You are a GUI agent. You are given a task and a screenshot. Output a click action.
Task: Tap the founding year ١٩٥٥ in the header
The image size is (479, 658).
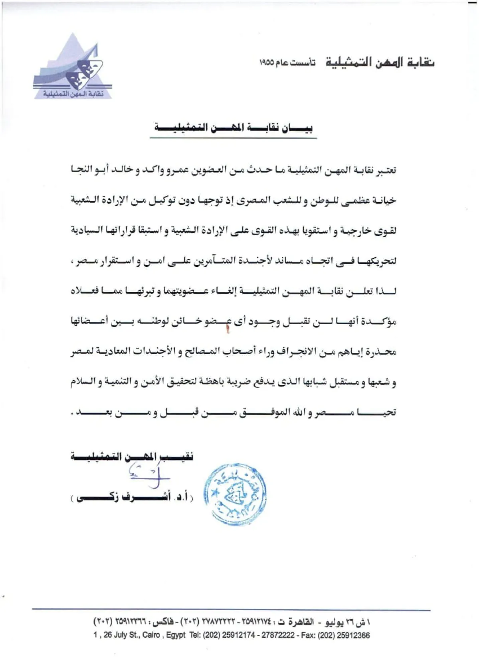pyautogui.click(x=267, y=63)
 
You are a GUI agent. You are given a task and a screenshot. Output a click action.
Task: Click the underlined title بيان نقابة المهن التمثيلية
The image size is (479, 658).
pyautogui.click(x=234, y=128)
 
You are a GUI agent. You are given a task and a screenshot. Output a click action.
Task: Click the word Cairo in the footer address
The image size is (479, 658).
pyautogui.click(x=151, y=635)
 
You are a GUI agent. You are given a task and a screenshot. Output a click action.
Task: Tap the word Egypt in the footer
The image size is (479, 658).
pyautogui.click(x=176, y=635)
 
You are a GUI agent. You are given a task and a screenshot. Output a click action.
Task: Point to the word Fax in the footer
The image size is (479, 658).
pyautogui.click(x=309, y=635)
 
